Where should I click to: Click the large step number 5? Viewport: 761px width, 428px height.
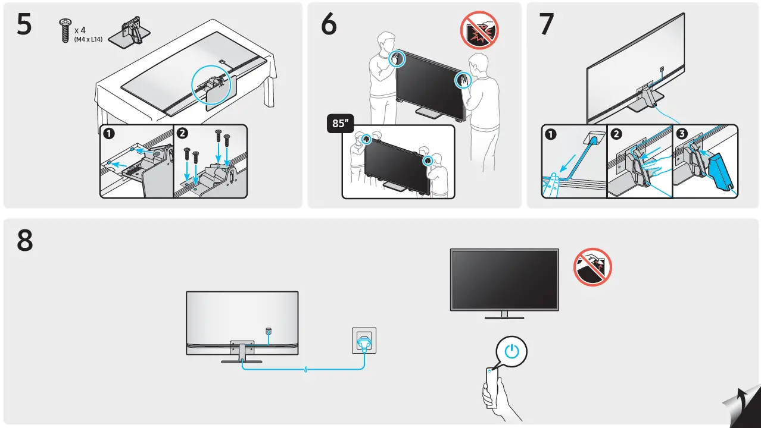tap(24, 25)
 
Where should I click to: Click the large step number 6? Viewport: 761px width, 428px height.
tap(328, 25)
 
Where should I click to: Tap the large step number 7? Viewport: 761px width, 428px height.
tap(546, 25)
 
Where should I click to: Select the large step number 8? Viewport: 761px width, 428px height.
tap(24, 241)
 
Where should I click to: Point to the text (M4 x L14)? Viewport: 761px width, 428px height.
tap(88, 39)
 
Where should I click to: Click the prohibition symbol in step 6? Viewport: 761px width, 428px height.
tap(479, 30)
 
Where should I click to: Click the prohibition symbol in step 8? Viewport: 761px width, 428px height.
tap(593, 267)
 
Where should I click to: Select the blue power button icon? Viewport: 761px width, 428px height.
tap(512, 351)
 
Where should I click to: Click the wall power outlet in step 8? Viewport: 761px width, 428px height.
tap(364, 341)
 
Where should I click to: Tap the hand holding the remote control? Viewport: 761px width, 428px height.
tap(494, 395)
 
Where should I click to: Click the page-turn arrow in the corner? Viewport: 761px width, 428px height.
tap(741, 407)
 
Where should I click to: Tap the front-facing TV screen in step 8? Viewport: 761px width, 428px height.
tap(504, 279)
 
